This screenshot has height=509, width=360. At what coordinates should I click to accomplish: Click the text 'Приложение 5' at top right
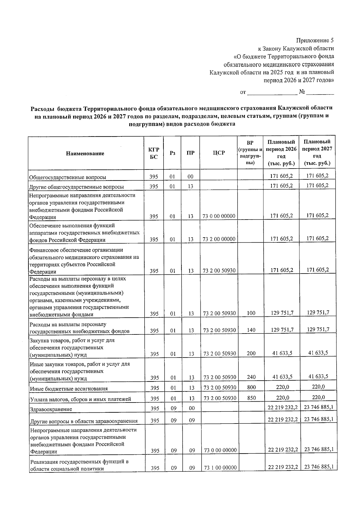point(315,40)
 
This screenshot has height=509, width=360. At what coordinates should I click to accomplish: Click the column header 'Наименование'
point(85,154)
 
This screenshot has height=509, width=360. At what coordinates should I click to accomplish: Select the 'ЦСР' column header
point(219,153)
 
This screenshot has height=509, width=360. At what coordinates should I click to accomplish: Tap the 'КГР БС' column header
point(154,153)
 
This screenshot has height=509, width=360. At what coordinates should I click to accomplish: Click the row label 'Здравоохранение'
point(50,409)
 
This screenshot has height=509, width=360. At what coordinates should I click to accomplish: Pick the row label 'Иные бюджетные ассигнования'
point(68,389)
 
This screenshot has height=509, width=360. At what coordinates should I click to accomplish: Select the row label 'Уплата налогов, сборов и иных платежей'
point(80,399)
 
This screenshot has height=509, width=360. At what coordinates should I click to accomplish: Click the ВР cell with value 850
point(251,398)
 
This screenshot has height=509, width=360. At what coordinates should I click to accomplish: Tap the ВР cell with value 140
point(251,330)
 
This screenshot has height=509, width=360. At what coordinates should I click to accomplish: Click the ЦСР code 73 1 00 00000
point(220,468)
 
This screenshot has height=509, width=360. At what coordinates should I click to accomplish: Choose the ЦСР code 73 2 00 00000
point(219,239)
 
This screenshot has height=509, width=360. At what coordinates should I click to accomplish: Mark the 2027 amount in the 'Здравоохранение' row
point(319,407)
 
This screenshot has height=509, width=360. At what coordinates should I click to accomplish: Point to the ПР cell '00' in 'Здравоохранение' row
point(192,408)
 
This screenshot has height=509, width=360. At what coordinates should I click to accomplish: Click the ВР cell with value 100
point(251,313)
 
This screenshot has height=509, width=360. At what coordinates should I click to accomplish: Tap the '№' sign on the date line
point(302,92)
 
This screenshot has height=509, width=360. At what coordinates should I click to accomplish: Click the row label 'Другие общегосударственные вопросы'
point(76,187)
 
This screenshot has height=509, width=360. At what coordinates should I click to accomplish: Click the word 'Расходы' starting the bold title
point(42,108)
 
